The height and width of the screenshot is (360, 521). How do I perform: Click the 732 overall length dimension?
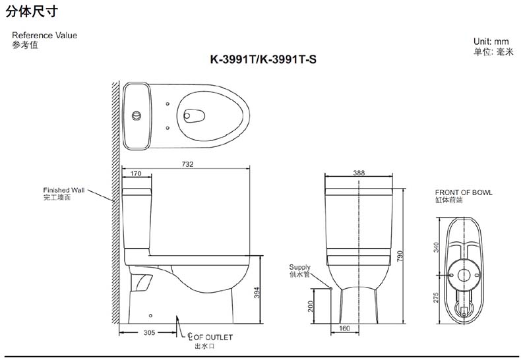tap(187, 164)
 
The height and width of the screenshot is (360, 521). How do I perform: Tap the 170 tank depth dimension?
tap(136, 173)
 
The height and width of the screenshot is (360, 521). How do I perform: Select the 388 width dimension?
tap(359, 173)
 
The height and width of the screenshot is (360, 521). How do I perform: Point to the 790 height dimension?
tap(400, 256)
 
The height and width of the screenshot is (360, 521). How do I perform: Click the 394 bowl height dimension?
tap(257, 292)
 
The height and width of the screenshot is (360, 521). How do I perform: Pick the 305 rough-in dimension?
tap(149, 332)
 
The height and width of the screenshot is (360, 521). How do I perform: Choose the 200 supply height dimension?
tap(311, 306)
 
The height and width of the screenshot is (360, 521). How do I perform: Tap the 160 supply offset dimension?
tap(344, 328)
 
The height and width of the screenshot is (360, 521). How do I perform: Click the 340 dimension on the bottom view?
tap(436, 247)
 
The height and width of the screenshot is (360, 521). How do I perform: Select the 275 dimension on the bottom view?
tap(436, 297)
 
